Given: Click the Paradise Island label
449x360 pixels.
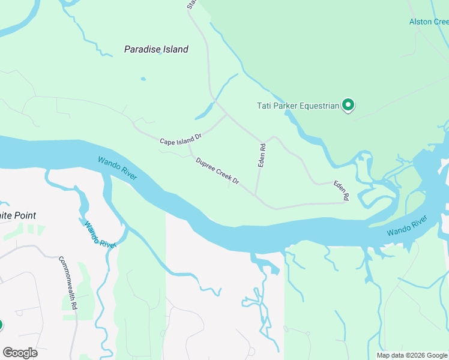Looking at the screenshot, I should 156,49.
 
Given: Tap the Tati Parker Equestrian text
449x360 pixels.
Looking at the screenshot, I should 298,106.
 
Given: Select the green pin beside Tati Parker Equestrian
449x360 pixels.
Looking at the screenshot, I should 348,106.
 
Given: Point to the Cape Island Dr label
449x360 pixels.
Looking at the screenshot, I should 180,139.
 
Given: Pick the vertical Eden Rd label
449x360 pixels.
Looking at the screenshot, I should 262,155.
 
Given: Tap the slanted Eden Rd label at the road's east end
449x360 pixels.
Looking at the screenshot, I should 342,190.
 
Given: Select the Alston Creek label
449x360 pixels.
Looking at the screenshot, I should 429,22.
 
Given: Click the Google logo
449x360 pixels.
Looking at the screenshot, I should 20,353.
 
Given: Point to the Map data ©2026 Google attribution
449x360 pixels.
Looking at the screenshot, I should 412,355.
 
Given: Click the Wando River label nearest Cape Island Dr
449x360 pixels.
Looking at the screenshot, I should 118,168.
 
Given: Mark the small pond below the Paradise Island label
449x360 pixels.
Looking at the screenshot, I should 143,79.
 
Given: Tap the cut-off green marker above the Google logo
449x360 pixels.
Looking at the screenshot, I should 1,325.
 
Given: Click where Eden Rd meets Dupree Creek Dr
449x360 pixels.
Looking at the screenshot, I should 256,196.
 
